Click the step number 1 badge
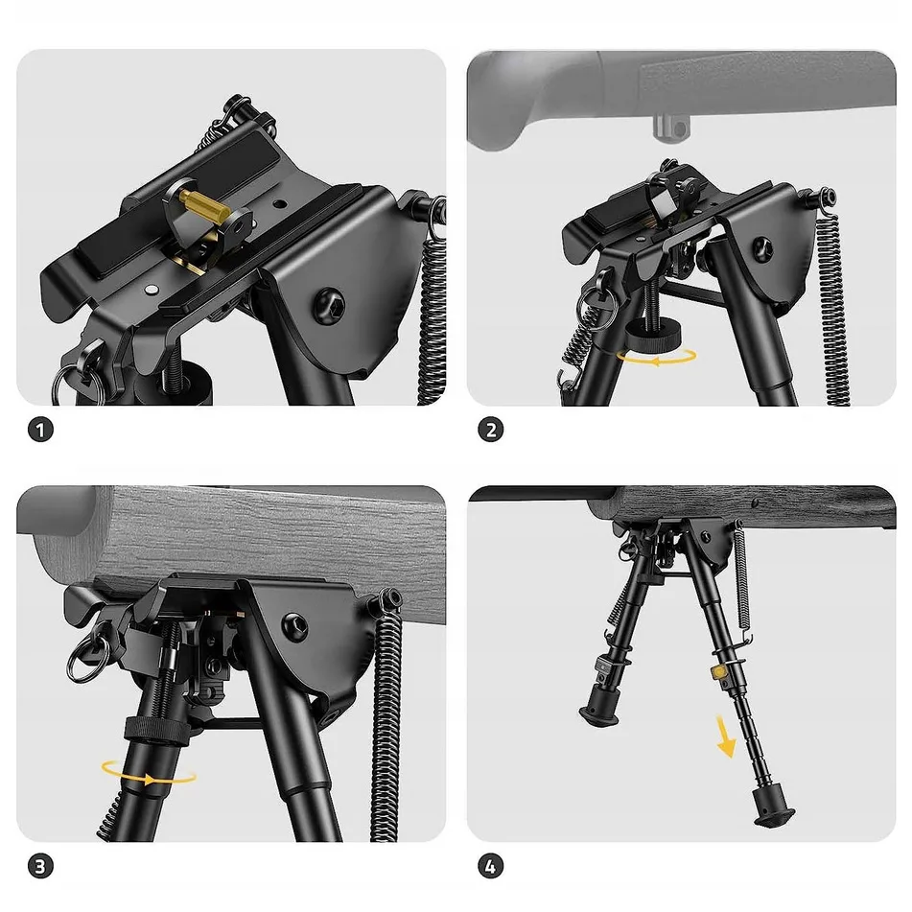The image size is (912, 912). [x=40, y=431]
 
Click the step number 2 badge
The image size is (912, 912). [x=490, y=431]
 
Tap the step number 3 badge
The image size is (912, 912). [x=40, y=867]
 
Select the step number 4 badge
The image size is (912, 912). [x=490, y=867]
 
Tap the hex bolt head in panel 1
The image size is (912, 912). [x=329, y=305]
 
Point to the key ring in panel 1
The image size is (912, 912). [x=78, y=383]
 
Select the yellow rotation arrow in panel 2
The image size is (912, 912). [x=657, y=357]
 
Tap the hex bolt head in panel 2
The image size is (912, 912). [x=762, y=248]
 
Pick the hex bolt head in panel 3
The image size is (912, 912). [x=294, y=626]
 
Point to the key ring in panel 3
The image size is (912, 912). [x=86, y=657]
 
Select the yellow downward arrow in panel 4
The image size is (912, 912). [x=725, y=737]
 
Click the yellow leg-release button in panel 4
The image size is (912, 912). [x=718, y=672]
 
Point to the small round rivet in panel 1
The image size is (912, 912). [x=152, y=289]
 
